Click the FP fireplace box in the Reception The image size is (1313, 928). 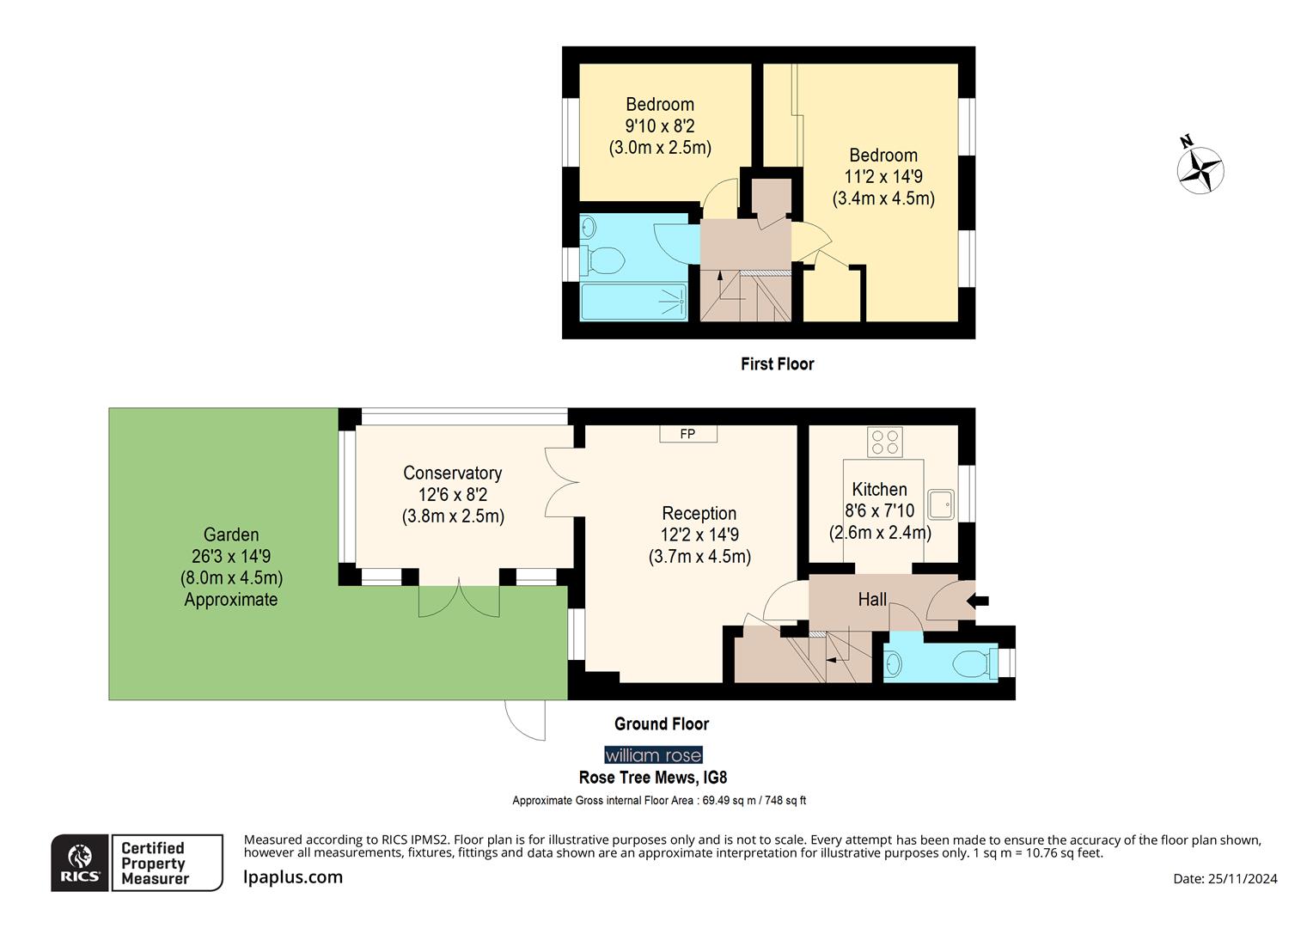(687, 434)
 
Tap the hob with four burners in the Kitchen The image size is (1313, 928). (885, 443)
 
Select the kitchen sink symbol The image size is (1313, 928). (942, 504)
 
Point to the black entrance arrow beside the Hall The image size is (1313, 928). (978, 601)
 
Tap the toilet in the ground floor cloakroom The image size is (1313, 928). (973, 663)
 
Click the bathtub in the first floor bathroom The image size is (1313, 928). (633, 302)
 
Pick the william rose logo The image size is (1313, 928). (653, 755)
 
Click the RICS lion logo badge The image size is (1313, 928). (80, 863)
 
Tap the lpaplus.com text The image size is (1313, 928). (293, 877)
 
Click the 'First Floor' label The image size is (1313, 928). (777, 364)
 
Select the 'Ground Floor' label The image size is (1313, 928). (662, 724)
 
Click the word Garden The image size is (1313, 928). (231, 534)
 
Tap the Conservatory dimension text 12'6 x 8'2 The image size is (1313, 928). (453, 495)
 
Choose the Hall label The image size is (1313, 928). (872, 600)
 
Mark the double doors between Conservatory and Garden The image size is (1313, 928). (459, 599)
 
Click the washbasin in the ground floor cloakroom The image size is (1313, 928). (895, 663)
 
